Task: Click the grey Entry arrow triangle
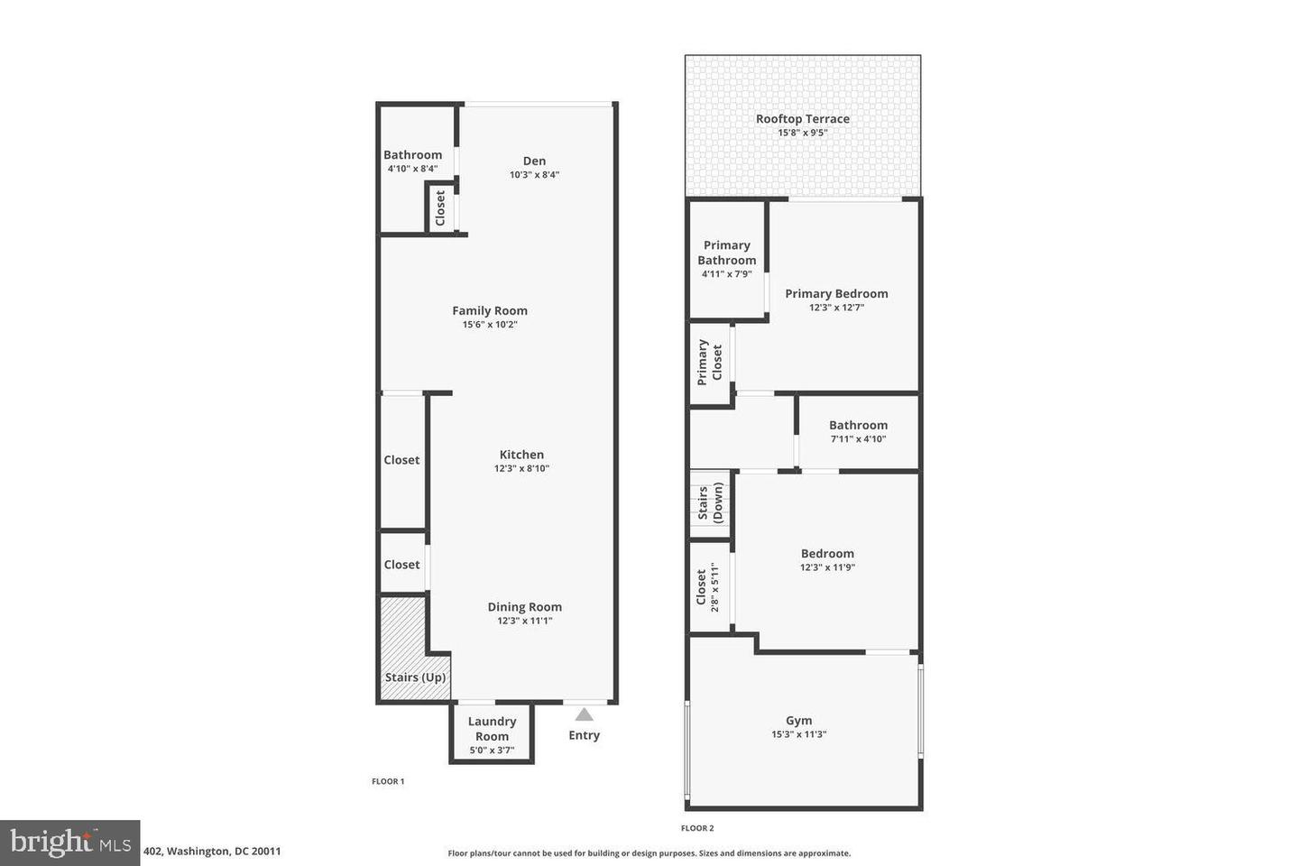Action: (585, 714)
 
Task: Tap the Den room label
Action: (534, 161)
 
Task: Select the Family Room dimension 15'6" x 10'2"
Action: (490, 325)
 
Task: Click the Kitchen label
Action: (521, 455)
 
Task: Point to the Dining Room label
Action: (524, 607)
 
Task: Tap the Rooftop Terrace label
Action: (802, 118)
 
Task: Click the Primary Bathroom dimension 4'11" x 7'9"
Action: (726, 274)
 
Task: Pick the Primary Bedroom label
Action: (836, 293)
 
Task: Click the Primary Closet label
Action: (710, 363)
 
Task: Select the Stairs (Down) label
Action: (710, 503)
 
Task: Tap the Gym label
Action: (798, 721)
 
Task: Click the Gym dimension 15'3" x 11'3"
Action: (798, 734)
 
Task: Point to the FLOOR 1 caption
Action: (388, 781)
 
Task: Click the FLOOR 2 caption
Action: (697, 828)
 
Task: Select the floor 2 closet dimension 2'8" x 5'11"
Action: (715, 587)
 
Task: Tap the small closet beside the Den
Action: (440, 208)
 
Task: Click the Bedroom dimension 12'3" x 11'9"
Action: (827, 567)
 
